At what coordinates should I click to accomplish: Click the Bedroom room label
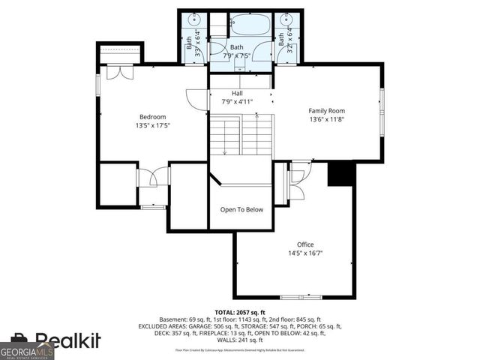(x=152, y=116)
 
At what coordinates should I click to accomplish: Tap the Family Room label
(x=326, y=110)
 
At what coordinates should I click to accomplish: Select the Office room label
(x=304, y=244)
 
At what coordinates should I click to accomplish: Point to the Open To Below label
(x=241, y=209)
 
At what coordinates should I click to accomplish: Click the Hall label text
(x=226, y=93)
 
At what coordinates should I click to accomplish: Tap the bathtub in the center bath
(x=250, y=25)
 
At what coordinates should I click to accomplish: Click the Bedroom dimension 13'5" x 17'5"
(x=152, y=125)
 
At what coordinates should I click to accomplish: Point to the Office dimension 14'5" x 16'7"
(x=304, y=253)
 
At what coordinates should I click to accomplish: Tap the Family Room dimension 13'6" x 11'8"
(x=326, y=119)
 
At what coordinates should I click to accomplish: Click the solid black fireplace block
(x=341, y=174)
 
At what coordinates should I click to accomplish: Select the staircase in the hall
(x=240, y=135)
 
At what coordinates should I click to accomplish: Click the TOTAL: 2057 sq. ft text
(x=240, y=310)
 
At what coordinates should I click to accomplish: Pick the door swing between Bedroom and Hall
(x=196, y=100)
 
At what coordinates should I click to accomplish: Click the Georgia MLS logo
(x=27, y=350)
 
